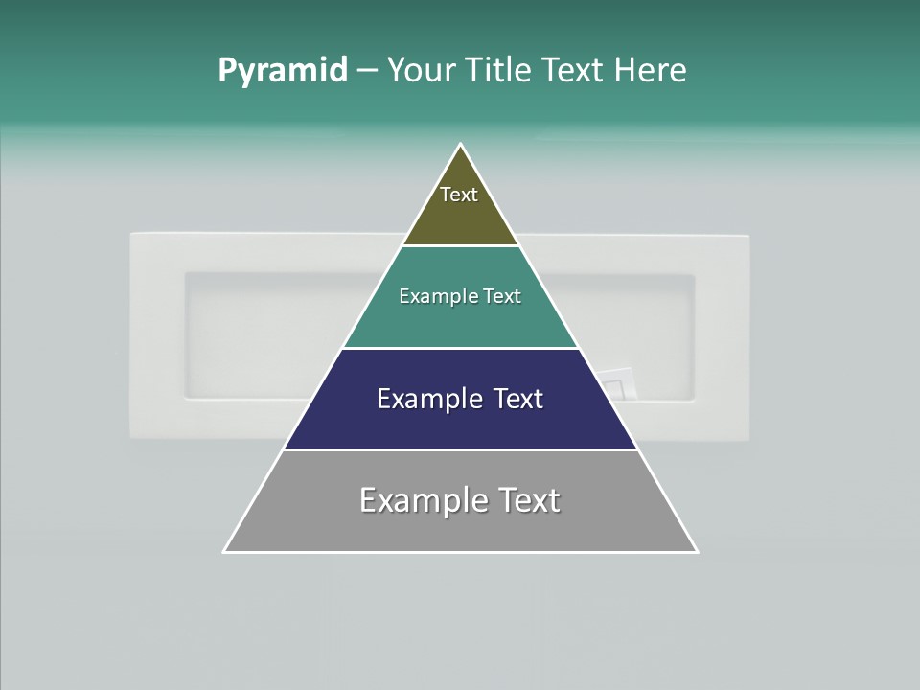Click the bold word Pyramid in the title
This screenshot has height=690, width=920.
tap(283, 71)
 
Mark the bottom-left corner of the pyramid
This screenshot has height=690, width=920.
tap(225, 551)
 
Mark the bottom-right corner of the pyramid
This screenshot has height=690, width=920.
tap(697, 551)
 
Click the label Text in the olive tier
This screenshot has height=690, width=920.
tap(459, 195)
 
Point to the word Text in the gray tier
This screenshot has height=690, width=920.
tap(528, 500)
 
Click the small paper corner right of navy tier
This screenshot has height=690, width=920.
tap(617, 384)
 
